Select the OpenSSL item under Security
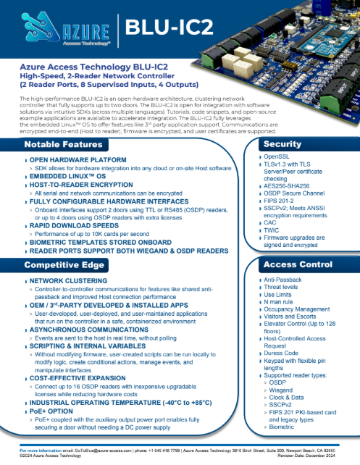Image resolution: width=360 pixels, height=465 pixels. click(x=277, y=156)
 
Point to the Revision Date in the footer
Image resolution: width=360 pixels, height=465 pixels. click(x=317, y=456)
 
